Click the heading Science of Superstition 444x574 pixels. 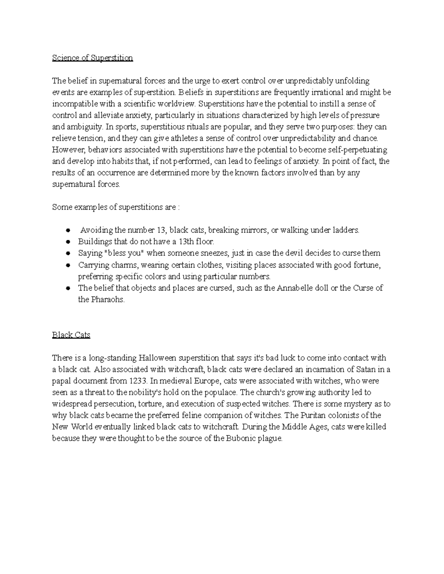pyautogui.click(x=92, y=58)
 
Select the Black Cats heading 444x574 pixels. pyautogui.click(x=71, y=335)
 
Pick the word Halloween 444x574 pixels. pyautogui.click(x=157, y=358)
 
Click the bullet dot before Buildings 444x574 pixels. pyautogui.click(x=68, y=242)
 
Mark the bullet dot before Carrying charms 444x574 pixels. pyautogui.click(x=68, y=265)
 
